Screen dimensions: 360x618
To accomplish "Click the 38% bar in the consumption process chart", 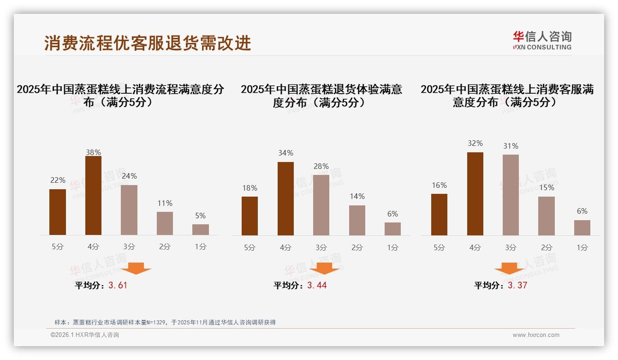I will tap(93, 196).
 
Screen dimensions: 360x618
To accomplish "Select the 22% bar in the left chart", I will tap(58, 212).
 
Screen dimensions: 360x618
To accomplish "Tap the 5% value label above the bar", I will tap(200, 216).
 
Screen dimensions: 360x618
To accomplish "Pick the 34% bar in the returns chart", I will tap(285, 198).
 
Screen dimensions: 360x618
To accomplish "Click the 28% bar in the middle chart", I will tap(321, 205).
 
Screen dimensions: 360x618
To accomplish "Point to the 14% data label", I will tap(357, 196).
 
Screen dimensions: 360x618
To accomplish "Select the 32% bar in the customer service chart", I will tap(475, 194).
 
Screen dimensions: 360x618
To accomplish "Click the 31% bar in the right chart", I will tap(511, 195).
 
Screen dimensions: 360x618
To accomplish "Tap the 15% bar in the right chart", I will tap(547, 216).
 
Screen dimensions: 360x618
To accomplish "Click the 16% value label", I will tap(439, 185).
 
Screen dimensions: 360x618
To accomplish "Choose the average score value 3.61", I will tap(118, 285).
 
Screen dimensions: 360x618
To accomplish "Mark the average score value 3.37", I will tap(517, 285).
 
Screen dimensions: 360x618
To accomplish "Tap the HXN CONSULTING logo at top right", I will tap(542, 40).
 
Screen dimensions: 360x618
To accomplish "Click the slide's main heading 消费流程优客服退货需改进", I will tap(148, 42).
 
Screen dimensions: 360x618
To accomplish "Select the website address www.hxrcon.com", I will tap(536, 335).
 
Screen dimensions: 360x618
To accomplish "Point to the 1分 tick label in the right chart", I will tap(582, 247).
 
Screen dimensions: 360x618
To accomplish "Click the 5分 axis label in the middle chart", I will tap(250, 247).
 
